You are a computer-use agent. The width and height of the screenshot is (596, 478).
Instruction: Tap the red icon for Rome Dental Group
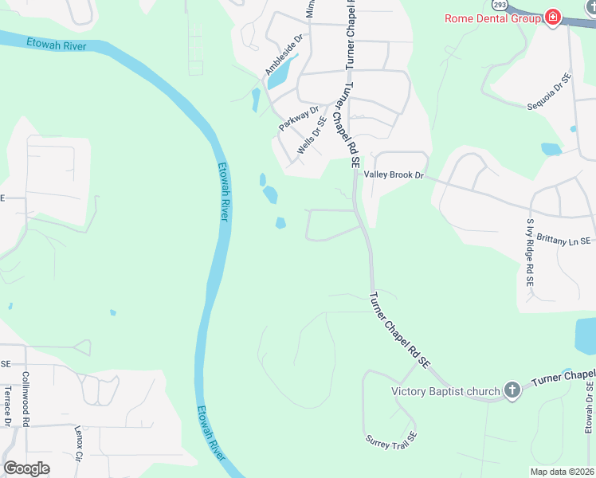pyautogui.click(x=552, y=18)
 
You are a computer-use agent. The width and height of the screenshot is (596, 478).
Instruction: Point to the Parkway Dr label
pyautogui.click(x=299, y=119)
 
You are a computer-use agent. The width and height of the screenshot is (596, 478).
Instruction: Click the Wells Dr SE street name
pyautogui.click(x=312, y=136)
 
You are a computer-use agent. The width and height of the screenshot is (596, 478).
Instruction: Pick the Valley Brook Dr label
pyautogui.click(x=394, y=174)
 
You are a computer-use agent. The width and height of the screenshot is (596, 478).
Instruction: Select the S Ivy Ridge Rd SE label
pyautogui.click(x=529, y=253)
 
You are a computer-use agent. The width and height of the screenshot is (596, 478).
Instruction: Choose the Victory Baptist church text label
pyautogui.click(x=445, y=390)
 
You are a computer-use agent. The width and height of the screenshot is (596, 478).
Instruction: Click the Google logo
pyautogui.click(x=26, y=468)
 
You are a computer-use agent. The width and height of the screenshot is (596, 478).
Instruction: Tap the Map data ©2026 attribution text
pyautogui.click(x=561, y=472)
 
